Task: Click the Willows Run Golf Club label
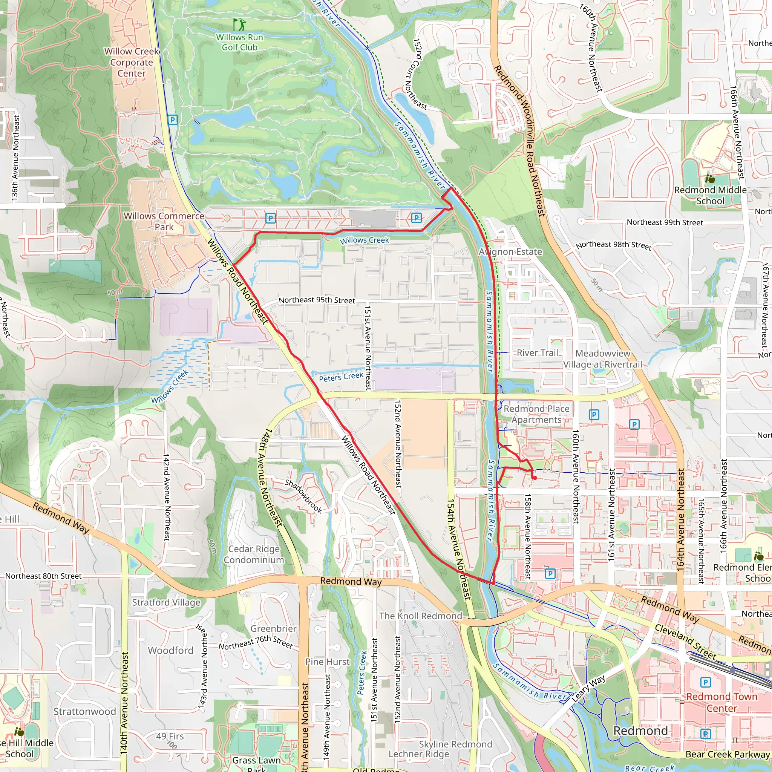239,42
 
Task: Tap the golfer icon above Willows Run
240,25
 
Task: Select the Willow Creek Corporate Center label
132,62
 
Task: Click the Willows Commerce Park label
164,221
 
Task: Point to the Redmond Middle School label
710,195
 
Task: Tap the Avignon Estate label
510,252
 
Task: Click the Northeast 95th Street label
317,300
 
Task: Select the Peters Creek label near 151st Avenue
341,377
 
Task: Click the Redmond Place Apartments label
536,414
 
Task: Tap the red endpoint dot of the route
535,478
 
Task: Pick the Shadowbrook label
303,496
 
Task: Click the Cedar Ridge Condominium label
254,554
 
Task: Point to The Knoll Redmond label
420,616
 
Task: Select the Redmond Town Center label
721,702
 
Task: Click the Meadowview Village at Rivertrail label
603,359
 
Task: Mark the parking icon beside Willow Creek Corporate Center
173,120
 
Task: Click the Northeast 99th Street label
665,222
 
